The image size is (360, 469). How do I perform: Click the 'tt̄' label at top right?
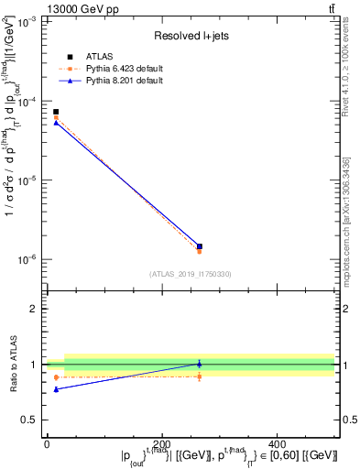331,8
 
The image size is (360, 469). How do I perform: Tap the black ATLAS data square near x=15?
55,112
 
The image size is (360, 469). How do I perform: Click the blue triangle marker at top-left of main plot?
55,123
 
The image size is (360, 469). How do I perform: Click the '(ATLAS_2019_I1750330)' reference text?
191,274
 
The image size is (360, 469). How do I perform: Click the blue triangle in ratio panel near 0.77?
55,389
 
